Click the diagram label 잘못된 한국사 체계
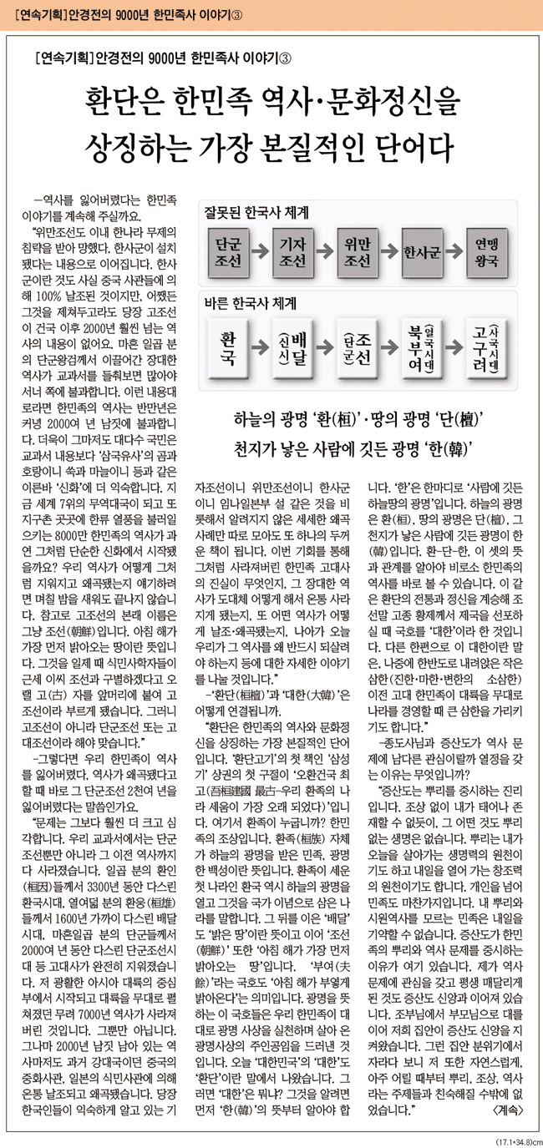251,214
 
